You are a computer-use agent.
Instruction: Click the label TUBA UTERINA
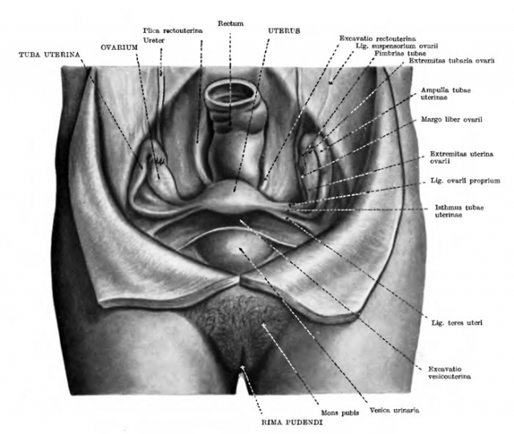pos(50,55)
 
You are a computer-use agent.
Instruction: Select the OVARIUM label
pos(119,47)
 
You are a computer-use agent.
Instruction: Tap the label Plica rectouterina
pos(173,30)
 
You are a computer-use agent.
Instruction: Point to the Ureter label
pos(153,40)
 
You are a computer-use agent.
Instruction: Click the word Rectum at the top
pos(230,23)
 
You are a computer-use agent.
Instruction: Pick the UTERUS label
pos(284,31)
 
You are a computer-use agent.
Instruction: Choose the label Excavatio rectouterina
pos(377,39)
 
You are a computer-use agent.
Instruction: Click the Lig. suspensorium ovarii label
pos(397,47)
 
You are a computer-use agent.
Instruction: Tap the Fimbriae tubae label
pos(400,54)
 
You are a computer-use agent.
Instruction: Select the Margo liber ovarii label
pos(451,120)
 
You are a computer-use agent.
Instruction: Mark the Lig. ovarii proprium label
pos(465,180)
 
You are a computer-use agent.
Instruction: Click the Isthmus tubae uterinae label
pos(459,211)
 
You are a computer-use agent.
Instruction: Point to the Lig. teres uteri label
pos(457,323)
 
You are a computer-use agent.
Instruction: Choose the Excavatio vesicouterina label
pos(450,373)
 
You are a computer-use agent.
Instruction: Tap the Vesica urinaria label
pos(394,410)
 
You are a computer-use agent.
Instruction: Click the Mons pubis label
pos(340,413)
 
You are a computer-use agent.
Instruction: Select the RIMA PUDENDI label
pos(292,423)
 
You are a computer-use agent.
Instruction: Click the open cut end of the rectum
pos(230,95)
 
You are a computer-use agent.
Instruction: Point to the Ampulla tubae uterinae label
pos(446,94)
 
